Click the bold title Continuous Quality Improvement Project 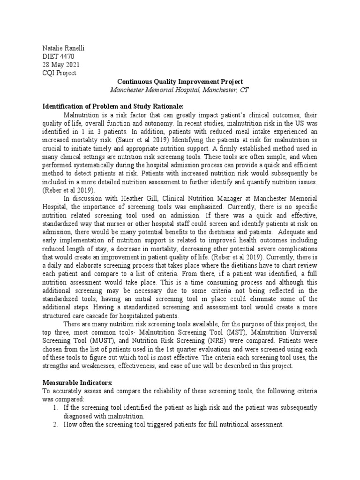point(180,81)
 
